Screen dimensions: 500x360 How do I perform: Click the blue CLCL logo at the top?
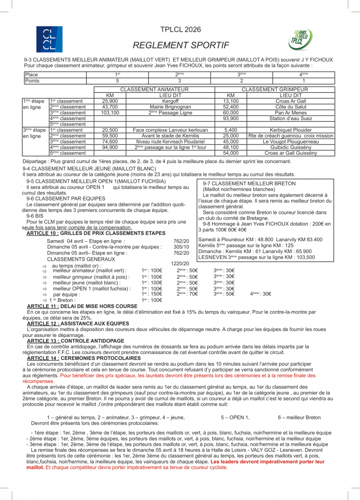pos(49,39)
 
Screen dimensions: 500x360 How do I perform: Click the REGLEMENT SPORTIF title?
pos(180,45)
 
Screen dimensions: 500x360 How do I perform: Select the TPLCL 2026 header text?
pos(180,30)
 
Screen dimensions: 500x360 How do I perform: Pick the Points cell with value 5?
pos(118,81)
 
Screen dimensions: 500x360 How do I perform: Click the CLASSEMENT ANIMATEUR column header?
pos(154,90)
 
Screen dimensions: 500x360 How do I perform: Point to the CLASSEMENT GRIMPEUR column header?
pos(275,90)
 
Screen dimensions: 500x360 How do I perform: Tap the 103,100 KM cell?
pos(110,113)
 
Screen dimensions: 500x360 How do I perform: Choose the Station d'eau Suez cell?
pos(291,119)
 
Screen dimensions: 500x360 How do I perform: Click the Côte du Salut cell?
pos(291,107)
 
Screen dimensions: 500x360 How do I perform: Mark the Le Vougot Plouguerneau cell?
pos(291,142)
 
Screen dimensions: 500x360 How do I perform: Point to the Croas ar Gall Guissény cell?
pos(291,153)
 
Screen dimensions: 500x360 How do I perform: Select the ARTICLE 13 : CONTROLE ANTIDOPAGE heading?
pos(83,340)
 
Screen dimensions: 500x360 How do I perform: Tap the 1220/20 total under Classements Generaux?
pos(180,263)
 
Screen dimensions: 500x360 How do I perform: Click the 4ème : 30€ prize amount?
pos(260,294)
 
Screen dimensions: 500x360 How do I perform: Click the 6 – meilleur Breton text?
pos(299,417)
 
